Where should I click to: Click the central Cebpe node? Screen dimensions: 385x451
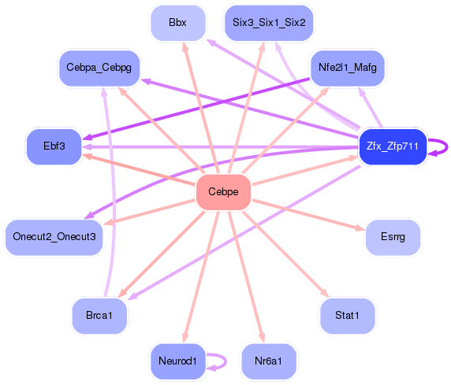click(x=223, y=192)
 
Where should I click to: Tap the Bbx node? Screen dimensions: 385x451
click(x=177, y=23)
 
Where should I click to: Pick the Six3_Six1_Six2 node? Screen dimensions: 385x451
click(x=269, y=23)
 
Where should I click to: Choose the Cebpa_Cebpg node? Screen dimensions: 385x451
click(x=99, y=68)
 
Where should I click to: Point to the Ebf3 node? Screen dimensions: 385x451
click(x=54, y=146)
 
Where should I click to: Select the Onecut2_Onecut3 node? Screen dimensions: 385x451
click(x=54, y=236)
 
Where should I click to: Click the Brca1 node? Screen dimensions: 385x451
click(x=99, y=316)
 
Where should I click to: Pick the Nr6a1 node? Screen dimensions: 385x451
click(x=269, y=361)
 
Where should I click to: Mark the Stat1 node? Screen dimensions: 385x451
click(x=347, y=316)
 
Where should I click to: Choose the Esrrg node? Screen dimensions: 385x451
click(x=392, y=236)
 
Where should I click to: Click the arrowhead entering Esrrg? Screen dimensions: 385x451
click(x=360, y=229)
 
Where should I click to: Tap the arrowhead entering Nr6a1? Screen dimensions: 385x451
click(x=259, y=339)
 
